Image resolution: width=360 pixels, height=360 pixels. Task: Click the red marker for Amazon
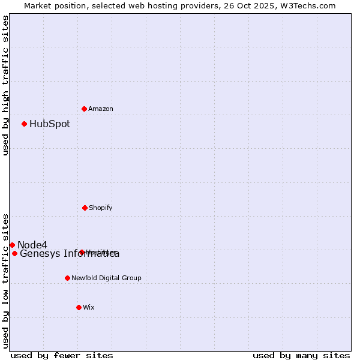[x=84, y=109]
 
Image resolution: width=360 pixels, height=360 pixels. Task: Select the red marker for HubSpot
[x=24, y=124]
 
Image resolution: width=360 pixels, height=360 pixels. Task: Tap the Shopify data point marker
[x=85, y=208]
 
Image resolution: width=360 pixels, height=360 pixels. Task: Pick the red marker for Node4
[x=12, y=245]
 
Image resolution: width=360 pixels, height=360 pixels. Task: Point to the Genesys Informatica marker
[x=14, y=253]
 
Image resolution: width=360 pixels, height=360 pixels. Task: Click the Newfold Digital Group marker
[x=67, y=278]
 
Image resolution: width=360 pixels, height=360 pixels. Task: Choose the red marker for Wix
[x=79, y=307]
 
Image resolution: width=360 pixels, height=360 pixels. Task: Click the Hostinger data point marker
[x=82, y=252]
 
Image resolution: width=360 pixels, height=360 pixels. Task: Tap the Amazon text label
[x=101, y=109]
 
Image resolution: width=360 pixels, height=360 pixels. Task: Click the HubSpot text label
[x=50, y=124]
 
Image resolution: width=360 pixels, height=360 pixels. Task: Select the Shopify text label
[x=101, y=208]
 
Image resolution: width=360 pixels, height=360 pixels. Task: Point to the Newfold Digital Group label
[x=106, y=278]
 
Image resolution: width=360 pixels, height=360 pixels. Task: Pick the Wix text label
[x=89, y=308]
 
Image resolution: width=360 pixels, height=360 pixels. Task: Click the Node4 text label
[x=32, y=245]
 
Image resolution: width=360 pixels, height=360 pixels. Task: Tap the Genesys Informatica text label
[x=70, y=254]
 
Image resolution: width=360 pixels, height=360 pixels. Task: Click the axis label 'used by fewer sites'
[x=62, y=355]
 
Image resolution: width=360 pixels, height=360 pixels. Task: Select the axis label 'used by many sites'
[x=301, y=355]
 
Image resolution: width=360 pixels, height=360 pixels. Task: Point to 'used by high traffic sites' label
[x=5, y=85]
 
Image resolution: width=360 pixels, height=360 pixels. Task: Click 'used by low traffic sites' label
[x=5, y=280]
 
